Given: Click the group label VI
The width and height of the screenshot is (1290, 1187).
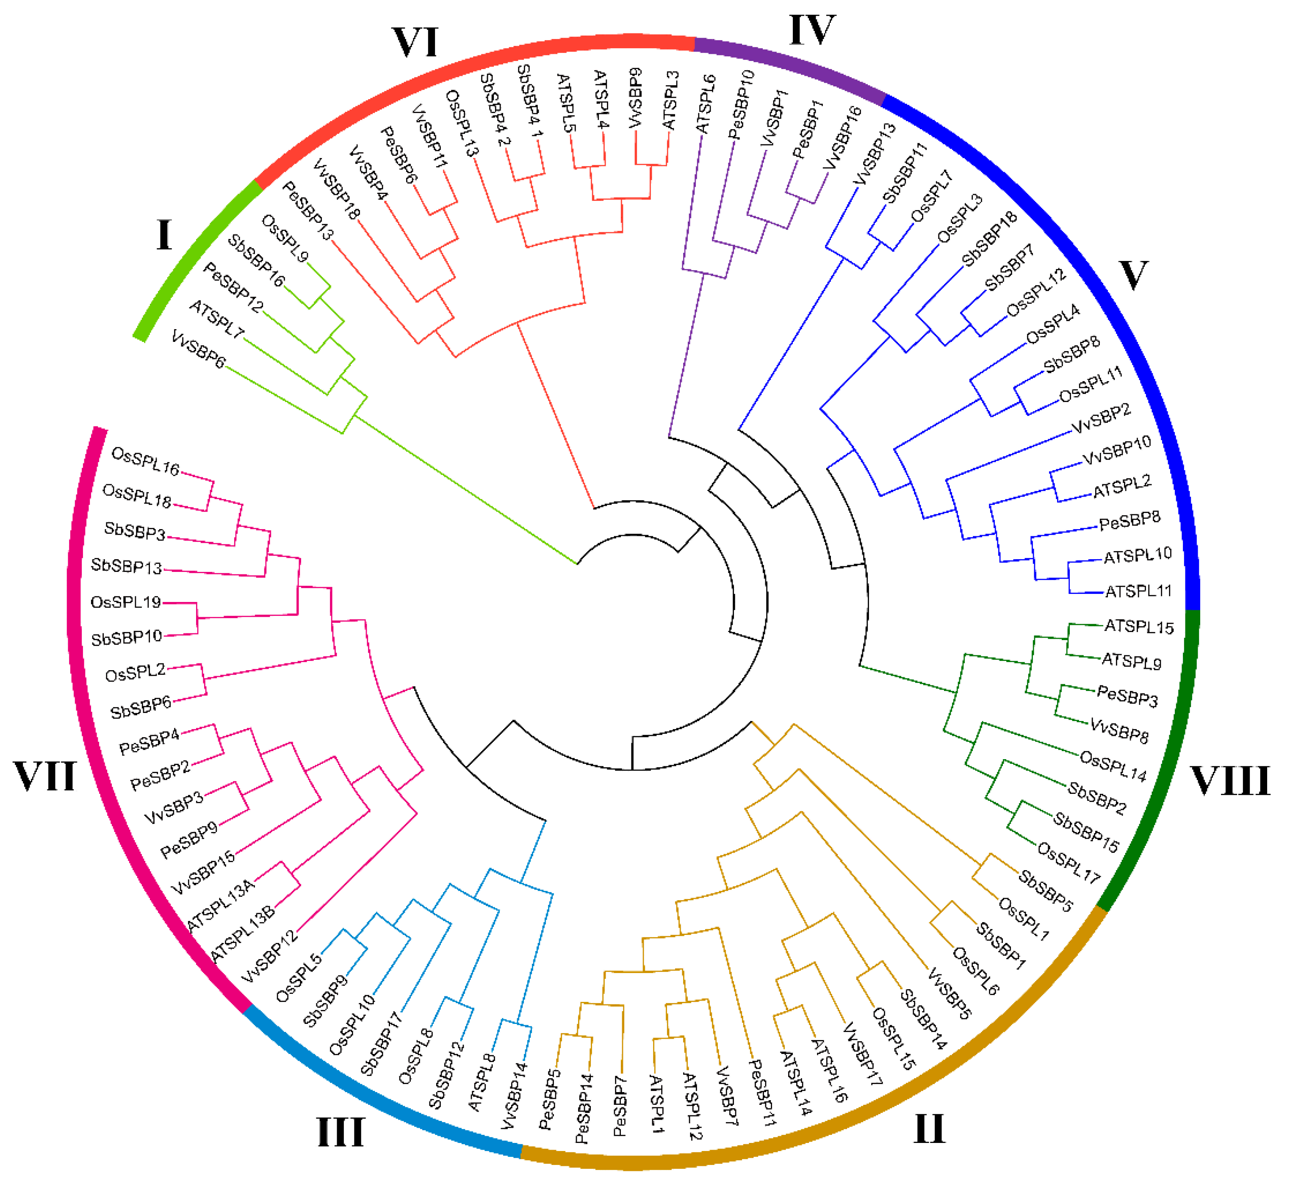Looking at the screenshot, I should pos(415,42).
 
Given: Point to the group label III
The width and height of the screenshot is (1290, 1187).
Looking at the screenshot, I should pos(341,1132).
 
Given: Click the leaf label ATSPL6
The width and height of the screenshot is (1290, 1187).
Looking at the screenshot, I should pos(706,104).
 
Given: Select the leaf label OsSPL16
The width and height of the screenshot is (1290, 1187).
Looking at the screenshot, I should pos(145,461).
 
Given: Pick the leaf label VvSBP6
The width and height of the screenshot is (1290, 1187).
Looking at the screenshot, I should pos(198,349).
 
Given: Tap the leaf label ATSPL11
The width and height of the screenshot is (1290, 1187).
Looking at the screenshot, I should pos(1138,591).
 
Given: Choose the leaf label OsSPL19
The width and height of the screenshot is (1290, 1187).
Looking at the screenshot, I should pos(125,602).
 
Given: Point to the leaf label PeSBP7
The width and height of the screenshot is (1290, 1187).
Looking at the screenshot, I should pos(620,1106).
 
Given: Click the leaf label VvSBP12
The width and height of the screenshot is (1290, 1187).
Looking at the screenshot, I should pos(270,956).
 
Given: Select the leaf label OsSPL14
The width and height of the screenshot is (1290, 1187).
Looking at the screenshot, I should pos(1113,766).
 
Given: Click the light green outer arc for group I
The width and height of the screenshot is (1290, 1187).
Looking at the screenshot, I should pos(193,257).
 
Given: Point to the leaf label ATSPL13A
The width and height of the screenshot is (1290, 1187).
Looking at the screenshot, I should pos(220,906).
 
